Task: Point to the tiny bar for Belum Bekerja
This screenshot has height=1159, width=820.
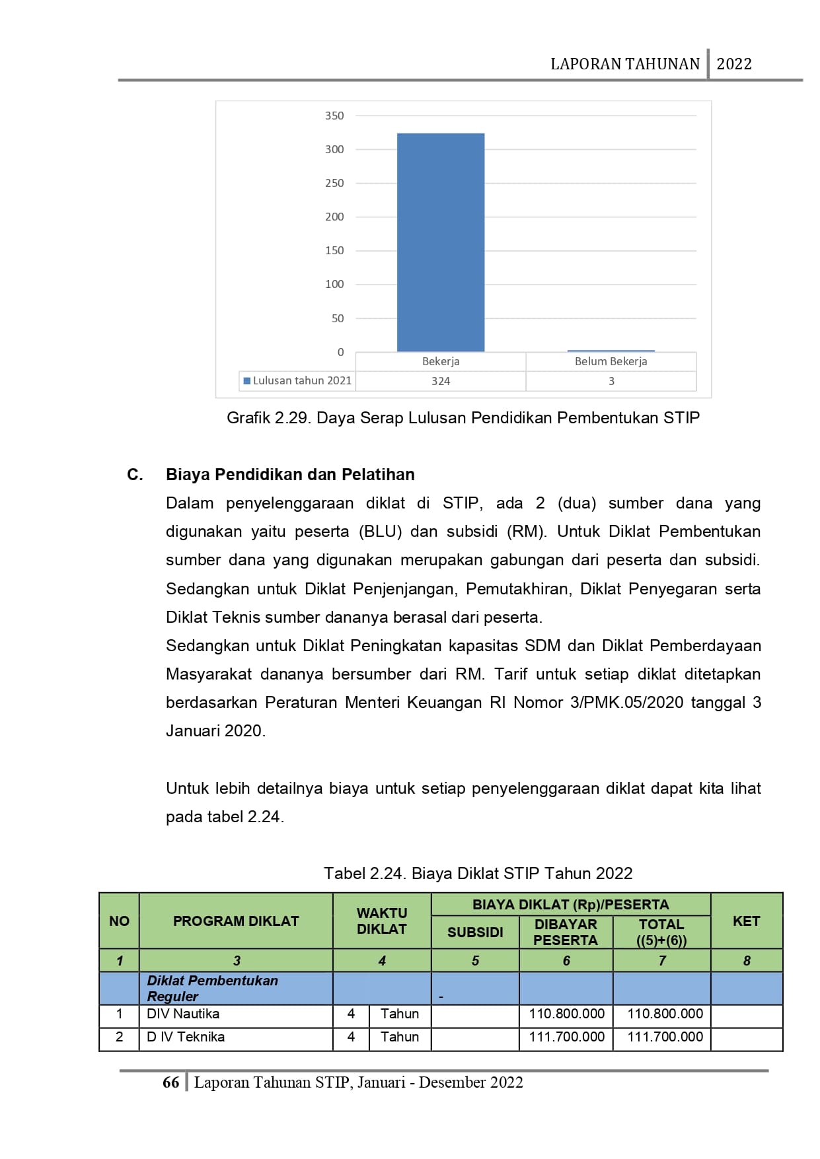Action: (611, 351)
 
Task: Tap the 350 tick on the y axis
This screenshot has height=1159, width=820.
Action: (334, 116)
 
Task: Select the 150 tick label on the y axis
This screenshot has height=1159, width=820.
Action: (334, 250)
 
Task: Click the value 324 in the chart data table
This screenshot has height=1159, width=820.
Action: (441, 381)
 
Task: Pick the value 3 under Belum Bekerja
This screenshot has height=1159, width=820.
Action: (611, 381)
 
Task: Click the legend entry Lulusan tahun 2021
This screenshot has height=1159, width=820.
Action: (297, 380)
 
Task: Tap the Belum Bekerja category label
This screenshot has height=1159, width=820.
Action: (611, 361)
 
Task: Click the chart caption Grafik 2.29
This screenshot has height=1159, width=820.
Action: (463, 418)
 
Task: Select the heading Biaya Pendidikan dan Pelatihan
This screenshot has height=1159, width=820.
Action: (290, 474)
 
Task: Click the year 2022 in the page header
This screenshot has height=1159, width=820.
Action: (734, 64)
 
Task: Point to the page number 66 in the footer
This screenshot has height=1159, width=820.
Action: (170, 1082)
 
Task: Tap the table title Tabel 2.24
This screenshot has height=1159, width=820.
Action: (478, 873)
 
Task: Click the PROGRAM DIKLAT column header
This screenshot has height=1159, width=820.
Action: (236, 921)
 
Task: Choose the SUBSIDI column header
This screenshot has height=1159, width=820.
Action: (475, 932)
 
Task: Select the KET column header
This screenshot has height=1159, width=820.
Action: (746, 921)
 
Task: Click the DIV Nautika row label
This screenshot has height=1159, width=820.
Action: (183, 1014)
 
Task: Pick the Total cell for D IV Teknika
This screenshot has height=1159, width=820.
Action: (665, 1037)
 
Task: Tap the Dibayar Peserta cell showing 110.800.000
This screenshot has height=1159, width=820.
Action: (566, 1014)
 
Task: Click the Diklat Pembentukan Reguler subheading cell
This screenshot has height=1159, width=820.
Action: (212, 988)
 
